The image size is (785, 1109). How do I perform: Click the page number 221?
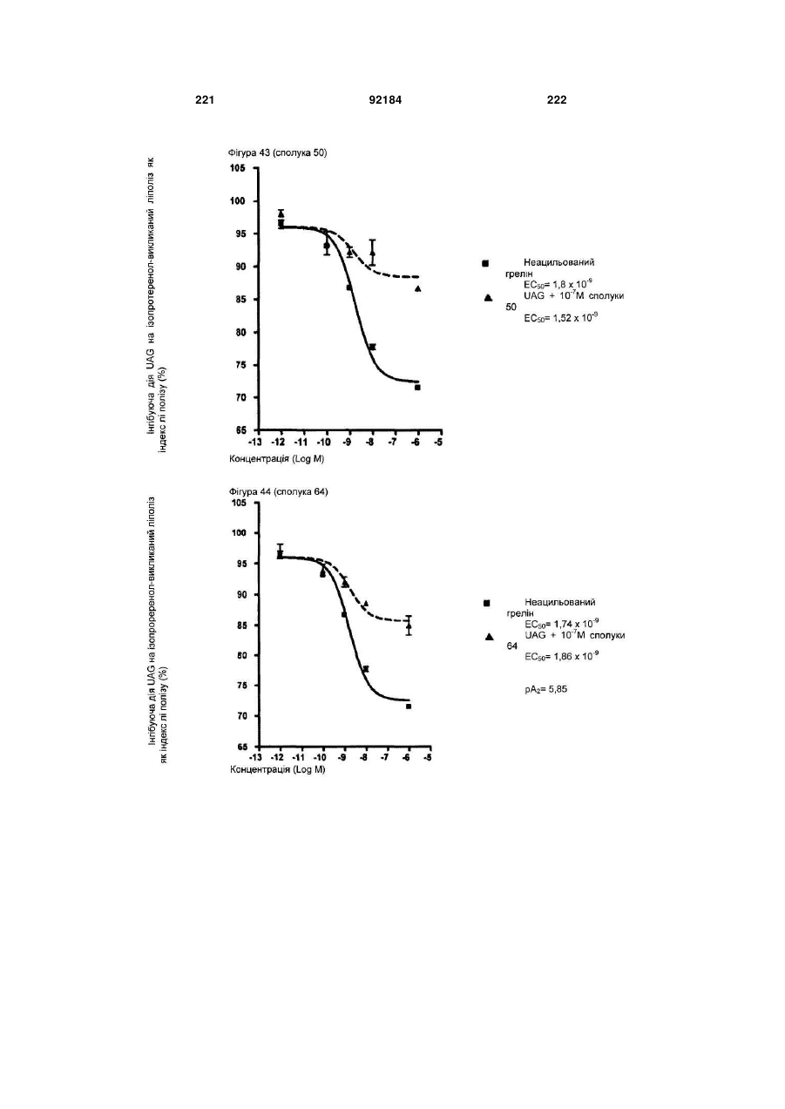coord(205,100)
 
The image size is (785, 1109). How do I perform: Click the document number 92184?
coord(385,100)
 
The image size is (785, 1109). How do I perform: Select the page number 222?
coord(557,100)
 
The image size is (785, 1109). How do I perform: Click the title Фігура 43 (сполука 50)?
coord(277,153)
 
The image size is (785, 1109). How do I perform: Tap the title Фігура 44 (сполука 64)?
coord(278,491)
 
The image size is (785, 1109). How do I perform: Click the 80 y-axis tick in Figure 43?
coord(240,332)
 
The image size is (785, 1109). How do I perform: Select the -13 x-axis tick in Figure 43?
coord(255,442)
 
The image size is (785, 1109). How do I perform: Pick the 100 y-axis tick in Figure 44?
coord(238,533)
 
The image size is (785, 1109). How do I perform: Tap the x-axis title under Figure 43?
coord(276,459)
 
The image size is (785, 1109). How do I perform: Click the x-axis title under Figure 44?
coord(278,770)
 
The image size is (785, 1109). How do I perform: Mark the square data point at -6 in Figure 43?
coord(417,388)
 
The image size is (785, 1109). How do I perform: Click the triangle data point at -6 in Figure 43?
coord(417,288)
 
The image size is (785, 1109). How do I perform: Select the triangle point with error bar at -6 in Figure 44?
coord(409,626)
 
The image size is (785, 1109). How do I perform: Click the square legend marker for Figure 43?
coord(485,263)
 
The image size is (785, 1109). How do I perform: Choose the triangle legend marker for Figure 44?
coord(490,637)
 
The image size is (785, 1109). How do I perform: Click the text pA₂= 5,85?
coord(545,689)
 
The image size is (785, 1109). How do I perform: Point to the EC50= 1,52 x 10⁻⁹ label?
coord(560,318)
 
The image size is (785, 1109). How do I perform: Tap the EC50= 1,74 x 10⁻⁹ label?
coord(562,624)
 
